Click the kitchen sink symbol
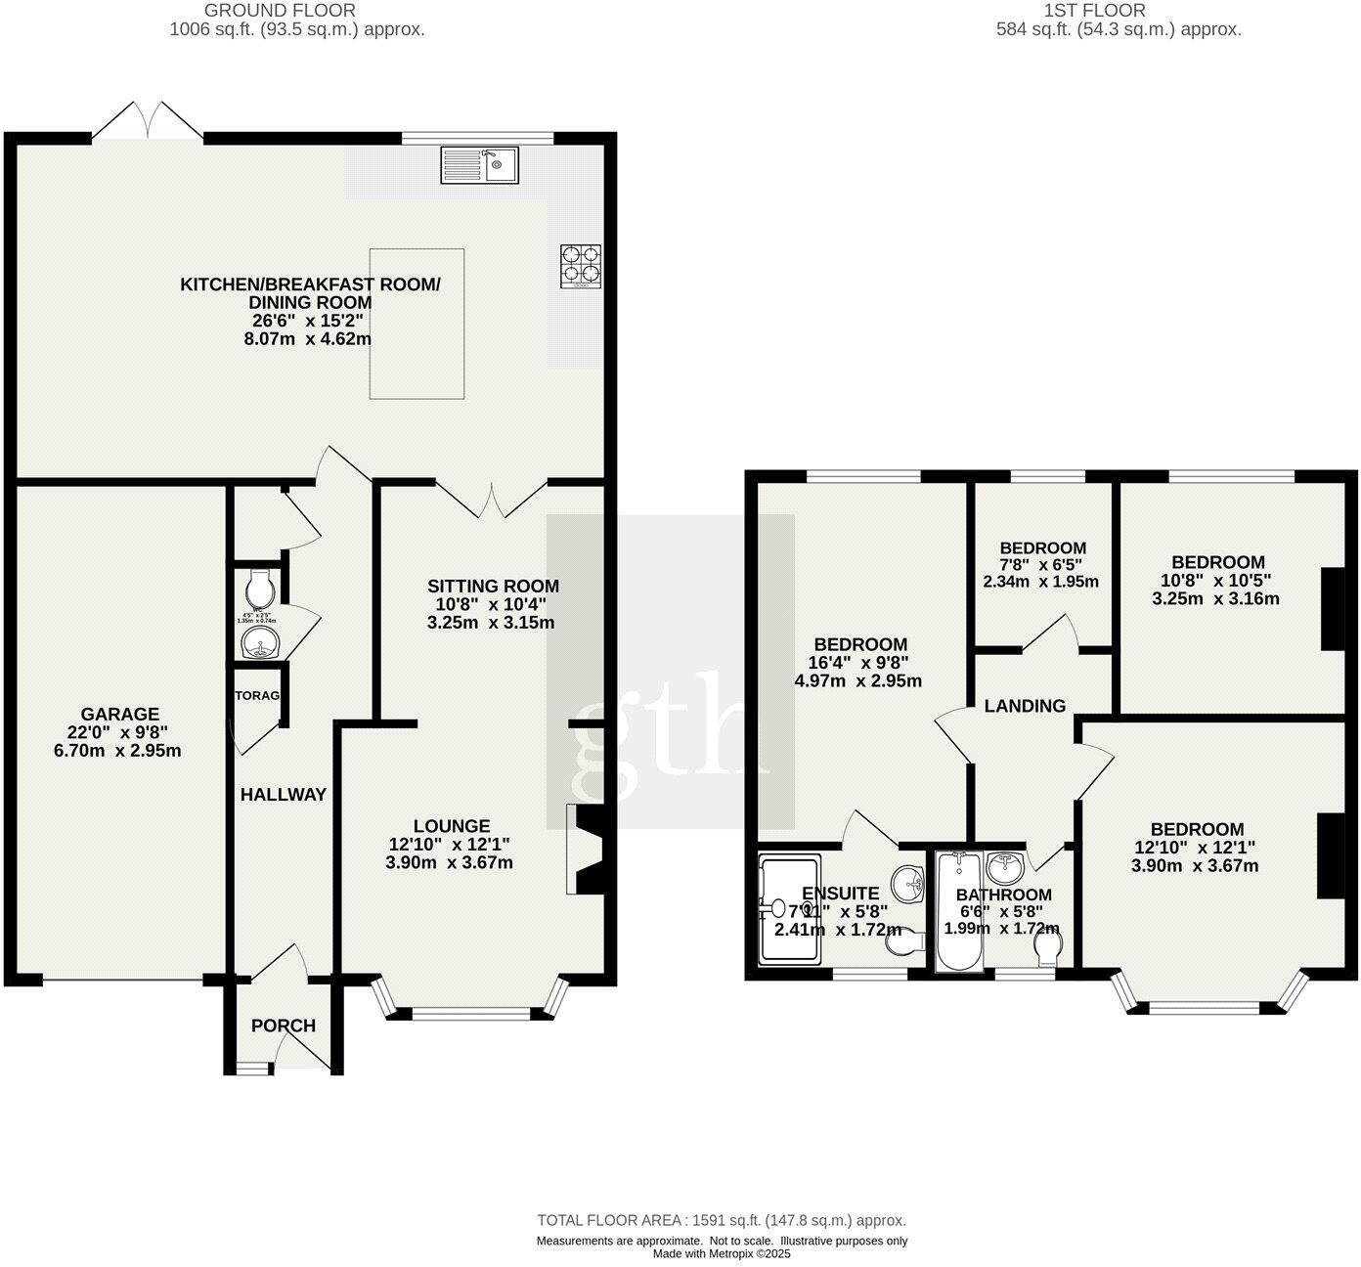point(480,164)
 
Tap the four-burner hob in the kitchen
point(580,266)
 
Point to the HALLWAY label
point(283,795)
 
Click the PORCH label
point(284,1026)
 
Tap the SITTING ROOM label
point(493,587)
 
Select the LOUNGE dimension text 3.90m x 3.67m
point(449,862)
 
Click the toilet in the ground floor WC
point(261,588)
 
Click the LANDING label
point(1025,706)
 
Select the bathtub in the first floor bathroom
point(952,911)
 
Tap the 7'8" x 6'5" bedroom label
point(1042,548)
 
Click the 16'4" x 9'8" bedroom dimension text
point(860,663)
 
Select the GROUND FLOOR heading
point(280,11)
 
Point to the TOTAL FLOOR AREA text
point(721,1220)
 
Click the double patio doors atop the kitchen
point(149,122)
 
